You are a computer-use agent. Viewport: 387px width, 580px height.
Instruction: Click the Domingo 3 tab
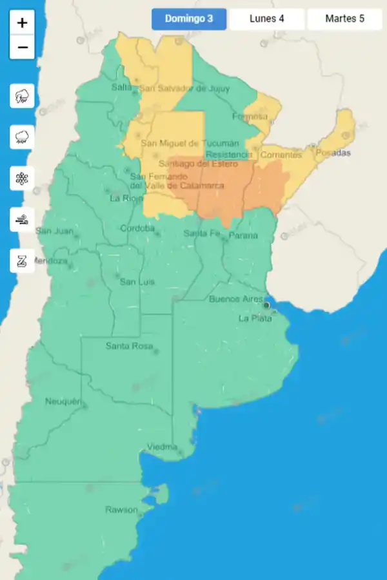click(189, 19)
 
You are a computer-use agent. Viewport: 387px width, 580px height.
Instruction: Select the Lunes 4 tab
click(267, 19)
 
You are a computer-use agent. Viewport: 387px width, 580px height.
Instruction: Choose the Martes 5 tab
click(344, 19)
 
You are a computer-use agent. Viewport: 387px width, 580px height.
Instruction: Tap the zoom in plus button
click(23, 23)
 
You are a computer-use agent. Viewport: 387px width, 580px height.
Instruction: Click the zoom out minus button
click(23, 47)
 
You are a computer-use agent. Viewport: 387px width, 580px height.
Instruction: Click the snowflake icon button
click(23, 178)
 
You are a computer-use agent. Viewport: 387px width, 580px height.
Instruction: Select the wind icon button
click(23, 219)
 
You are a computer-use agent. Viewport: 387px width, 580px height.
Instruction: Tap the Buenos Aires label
click(235, 299)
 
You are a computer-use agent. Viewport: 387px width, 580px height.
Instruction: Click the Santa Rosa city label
click(129, 346)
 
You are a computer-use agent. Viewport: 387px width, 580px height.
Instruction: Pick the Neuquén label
click(63, 401)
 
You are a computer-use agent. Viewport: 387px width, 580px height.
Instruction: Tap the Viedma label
click(162, 447)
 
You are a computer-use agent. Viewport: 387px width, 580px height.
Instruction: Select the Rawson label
click(121, 510)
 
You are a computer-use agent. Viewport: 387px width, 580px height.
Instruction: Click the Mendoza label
click(49, 261)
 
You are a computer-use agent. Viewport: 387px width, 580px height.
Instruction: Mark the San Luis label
click(137, 282)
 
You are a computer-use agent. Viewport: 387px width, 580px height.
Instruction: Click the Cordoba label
click(137, 228)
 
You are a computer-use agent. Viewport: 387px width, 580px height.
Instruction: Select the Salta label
click(121, 87)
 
